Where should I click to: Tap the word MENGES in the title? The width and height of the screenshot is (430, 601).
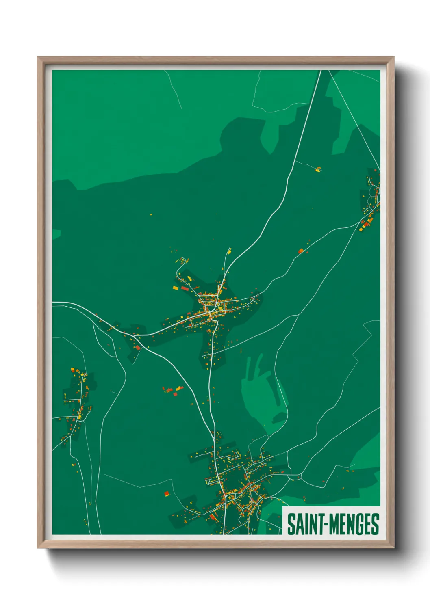click(353, 524)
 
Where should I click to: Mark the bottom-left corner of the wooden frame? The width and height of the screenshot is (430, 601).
click(38, 547)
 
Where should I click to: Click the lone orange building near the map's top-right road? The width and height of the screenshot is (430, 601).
click(319, 169)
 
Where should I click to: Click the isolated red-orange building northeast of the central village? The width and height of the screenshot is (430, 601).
click(301, 251)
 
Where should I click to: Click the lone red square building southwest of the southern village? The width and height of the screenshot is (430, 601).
click(166, 494)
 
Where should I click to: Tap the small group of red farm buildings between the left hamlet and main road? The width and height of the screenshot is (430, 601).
click(173, 391)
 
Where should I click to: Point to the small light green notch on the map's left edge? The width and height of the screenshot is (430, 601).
click(56, 234)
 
